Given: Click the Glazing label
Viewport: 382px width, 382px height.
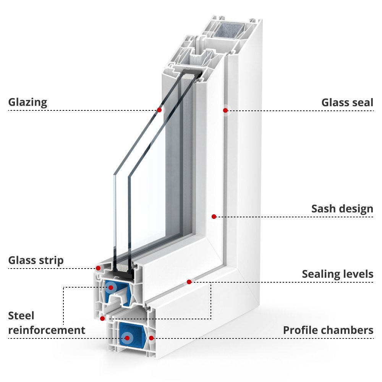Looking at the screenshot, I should click(28, 102).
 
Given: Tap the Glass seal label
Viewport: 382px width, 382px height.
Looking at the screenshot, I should click(347, 102).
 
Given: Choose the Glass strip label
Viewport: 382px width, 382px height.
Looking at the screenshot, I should click(36, 261).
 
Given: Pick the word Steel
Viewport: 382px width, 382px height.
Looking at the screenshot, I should click(21, 316).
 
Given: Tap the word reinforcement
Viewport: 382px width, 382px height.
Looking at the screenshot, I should click(47, 330).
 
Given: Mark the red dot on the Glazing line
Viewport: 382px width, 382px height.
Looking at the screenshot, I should click(159, 110).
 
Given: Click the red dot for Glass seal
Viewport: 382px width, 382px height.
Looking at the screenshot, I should click(225, 110).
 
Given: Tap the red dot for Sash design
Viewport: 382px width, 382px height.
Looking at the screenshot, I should click(214, 217).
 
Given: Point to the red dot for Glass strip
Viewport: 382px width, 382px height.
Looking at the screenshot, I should click(99, 268).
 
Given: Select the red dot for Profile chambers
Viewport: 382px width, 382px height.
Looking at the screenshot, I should click(151, 338).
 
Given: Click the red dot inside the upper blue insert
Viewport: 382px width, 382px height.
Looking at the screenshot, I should click(110, 287).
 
